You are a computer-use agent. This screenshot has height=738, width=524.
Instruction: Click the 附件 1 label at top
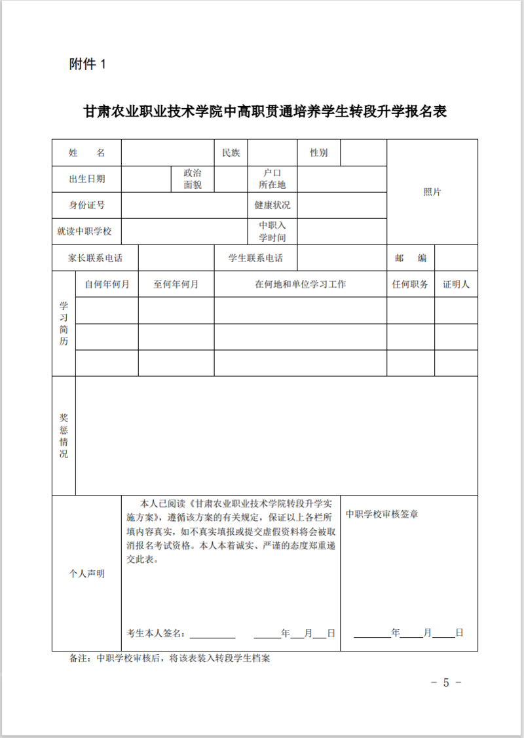coord(86,64)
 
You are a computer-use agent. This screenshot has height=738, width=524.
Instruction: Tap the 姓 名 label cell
coord(86,153)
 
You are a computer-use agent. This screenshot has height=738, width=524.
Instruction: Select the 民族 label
coord(231,153)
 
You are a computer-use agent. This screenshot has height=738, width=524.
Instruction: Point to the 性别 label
coord(319,153)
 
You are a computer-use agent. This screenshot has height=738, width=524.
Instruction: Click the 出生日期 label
coord(86,179)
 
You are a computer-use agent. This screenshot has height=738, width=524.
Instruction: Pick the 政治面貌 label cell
coord(193,179)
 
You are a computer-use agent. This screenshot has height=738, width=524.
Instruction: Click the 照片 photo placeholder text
coord(432,192)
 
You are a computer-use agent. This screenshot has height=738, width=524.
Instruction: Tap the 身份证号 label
coord(86,205)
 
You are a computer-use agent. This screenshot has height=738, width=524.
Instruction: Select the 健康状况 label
coord(272,205)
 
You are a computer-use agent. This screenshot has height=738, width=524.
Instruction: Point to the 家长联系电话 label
coord(95,258)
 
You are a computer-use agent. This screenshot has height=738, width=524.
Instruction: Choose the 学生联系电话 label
coord(255,258)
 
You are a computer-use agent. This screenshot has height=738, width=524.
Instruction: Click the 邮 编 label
coord(411,258)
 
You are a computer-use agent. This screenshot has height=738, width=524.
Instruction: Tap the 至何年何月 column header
coord(176,284)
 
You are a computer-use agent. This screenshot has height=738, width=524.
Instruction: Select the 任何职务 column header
coord(410,284)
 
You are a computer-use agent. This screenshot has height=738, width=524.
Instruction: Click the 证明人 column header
coord(456,284)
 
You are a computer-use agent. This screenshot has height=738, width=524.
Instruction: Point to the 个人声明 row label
coord(86,573)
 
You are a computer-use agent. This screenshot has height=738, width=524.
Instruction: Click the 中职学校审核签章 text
coord(382,514)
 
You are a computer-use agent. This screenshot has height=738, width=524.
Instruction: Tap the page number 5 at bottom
coord(447,682)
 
